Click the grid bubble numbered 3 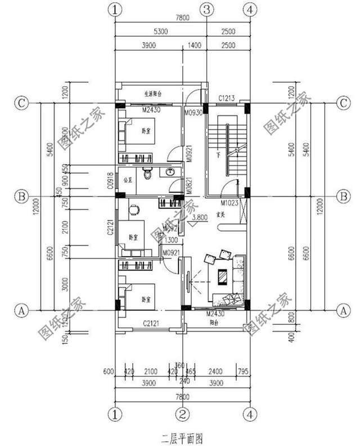(207, 10)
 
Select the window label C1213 (227, 99)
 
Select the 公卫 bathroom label (127, 181)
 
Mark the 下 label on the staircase (217, 154)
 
